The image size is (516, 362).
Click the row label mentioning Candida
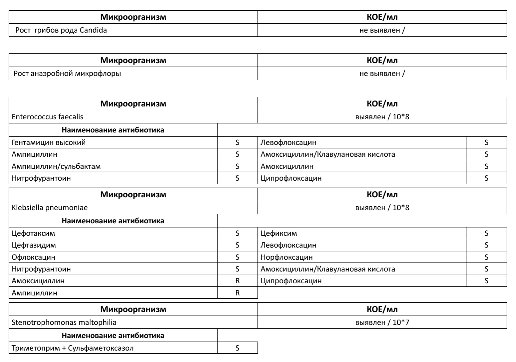61,30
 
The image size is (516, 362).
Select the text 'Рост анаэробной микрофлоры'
67,74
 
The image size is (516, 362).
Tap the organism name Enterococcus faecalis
48,117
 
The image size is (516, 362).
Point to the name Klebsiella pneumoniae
50,208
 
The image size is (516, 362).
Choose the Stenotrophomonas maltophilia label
64,322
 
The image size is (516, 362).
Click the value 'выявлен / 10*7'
382,322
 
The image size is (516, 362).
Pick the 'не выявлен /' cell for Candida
382,30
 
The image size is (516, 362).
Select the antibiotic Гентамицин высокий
49,143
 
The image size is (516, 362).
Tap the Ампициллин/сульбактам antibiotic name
56,166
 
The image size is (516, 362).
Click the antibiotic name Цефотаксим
33,233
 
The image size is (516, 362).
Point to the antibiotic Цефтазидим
34,245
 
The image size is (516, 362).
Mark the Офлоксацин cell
33,257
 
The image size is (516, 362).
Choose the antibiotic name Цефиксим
279,233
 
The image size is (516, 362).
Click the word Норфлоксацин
286,257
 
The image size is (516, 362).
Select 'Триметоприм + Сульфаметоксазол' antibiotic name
72,348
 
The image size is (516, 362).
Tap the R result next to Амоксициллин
238,281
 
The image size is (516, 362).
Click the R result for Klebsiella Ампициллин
238,293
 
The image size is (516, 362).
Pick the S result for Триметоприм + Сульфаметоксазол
238,348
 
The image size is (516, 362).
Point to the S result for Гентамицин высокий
238,143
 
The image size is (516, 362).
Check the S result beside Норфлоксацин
487,257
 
